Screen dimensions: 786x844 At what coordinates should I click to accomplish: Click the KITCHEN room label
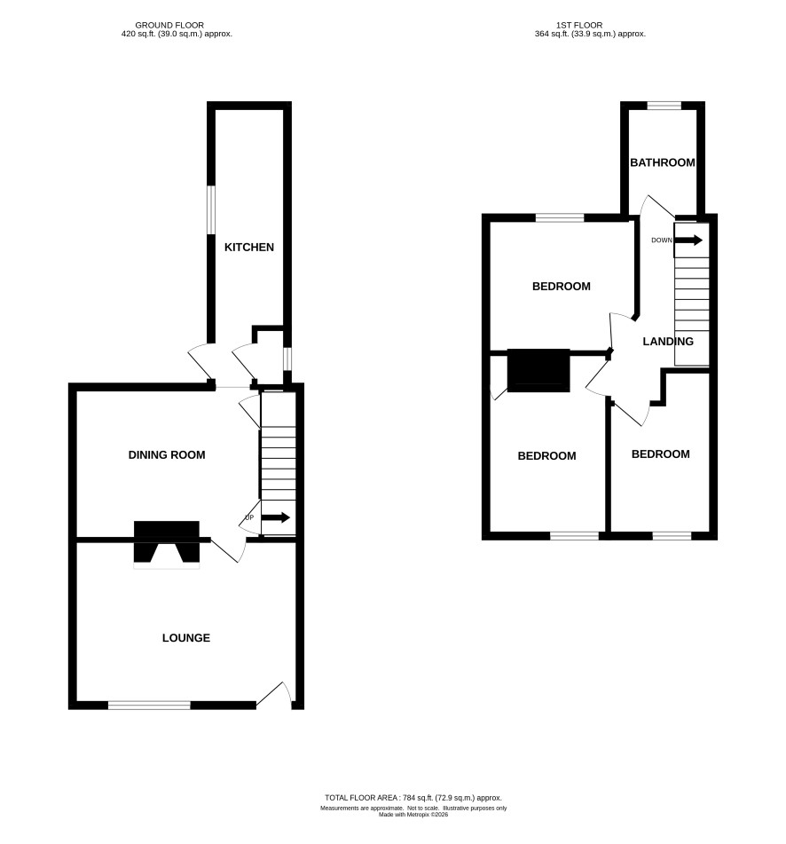click(249, 247)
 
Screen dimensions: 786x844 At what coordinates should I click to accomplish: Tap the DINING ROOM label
click(167, 454)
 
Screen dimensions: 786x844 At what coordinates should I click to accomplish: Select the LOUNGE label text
click(186, 638)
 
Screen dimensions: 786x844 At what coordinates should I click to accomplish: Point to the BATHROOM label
click(663, 162)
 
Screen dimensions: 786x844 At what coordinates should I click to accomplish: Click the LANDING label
click(668, 342)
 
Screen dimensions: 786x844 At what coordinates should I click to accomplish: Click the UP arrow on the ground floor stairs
click(276, 517)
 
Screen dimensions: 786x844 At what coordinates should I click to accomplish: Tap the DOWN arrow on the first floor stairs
click(688, 241)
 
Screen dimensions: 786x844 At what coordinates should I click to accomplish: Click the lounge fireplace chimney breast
click(167, 541)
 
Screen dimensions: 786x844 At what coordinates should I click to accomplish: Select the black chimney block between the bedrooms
click(538, 370)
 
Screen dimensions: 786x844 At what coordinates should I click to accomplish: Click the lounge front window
click(150, 706)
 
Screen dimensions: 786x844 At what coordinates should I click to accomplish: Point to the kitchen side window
click(211, 210)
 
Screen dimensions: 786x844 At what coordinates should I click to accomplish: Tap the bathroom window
click(664, 106)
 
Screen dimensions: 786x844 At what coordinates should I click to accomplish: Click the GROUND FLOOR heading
click(169, 26)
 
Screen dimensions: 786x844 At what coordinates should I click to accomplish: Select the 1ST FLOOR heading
click(579, 26)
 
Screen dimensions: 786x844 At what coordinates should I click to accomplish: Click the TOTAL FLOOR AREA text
click(413, 798)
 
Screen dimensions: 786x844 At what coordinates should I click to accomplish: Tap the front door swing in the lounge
click(275, 693)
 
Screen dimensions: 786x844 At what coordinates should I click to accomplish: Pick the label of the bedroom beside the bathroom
click(562, 287)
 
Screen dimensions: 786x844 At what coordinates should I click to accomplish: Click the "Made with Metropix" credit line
click(413, 815)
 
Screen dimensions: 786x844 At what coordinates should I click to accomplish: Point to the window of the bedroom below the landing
click(672, 535)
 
